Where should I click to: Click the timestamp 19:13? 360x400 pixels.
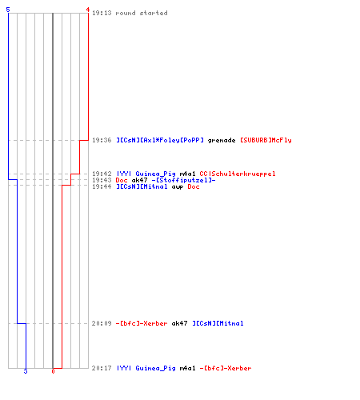[102, 13]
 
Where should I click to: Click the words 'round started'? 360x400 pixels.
[142, 13]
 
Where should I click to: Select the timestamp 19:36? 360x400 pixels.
[102, 140]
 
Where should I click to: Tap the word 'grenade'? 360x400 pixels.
[222, 140]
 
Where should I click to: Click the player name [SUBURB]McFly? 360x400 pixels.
[266, 140]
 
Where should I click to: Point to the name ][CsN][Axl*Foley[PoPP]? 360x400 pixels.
[160, 140]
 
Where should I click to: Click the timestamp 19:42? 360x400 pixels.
[102, 174]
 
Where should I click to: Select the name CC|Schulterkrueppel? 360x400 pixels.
[238, 174]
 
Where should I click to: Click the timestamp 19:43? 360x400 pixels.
[102, 180]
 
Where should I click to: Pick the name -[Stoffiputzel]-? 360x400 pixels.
[184, 180]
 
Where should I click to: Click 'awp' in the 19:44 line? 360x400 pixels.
[178, 187]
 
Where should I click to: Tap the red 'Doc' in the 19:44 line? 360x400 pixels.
[194, 186]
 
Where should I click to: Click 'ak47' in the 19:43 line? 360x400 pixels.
[139, 180]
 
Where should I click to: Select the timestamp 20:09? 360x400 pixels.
[102, 323]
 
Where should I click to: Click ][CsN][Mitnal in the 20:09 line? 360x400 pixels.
[218, 323]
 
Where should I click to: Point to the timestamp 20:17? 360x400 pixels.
[102, 368]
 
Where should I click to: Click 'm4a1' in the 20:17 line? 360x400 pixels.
[187, 368]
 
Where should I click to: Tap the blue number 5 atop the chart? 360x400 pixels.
[8, 10]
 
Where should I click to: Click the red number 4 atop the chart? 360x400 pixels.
[88, 10]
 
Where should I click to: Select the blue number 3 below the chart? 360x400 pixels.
[26, 371]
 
